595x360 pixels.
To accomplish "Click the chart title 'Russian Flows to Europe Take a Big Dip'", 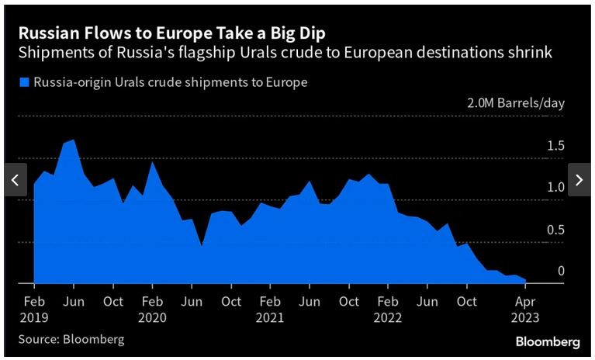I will click(172, 33).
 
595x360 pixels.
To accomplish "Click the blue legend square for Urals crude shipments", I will click(24, 82).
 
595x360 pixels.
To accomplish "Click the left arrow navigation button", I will click(15, 180).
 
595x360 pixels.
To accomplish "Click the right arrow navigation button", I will click(579, 180).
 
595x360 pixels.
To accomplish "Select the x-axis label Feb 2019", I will click(34, 309).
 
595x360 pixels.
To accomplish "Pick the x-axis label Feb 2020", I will click(152, 309).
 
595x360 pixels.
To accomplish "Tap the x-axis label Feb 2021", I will click(270, 309).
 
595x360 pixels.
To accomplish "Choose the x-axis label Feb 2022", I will click(388, 309).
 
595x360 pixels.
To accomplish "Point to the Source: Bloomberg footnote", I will click(71, 339).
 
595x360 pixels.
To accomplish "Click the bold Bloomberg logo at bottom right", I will click(548, 341).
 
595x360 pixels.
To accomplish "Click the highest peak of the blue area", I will click(74, 140).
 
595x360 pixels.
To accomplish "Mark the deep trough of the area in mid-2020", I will click(202, 246).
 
